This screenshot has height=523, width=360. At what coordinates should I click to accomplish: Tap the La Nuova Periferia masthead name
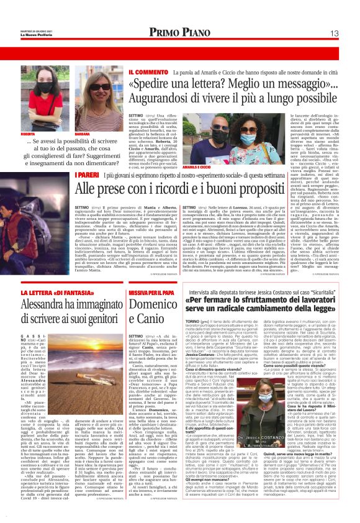tap(33, 35)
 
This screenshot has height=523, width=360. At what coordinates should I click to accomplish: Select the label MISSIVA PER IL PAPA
tap(151, 291)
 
